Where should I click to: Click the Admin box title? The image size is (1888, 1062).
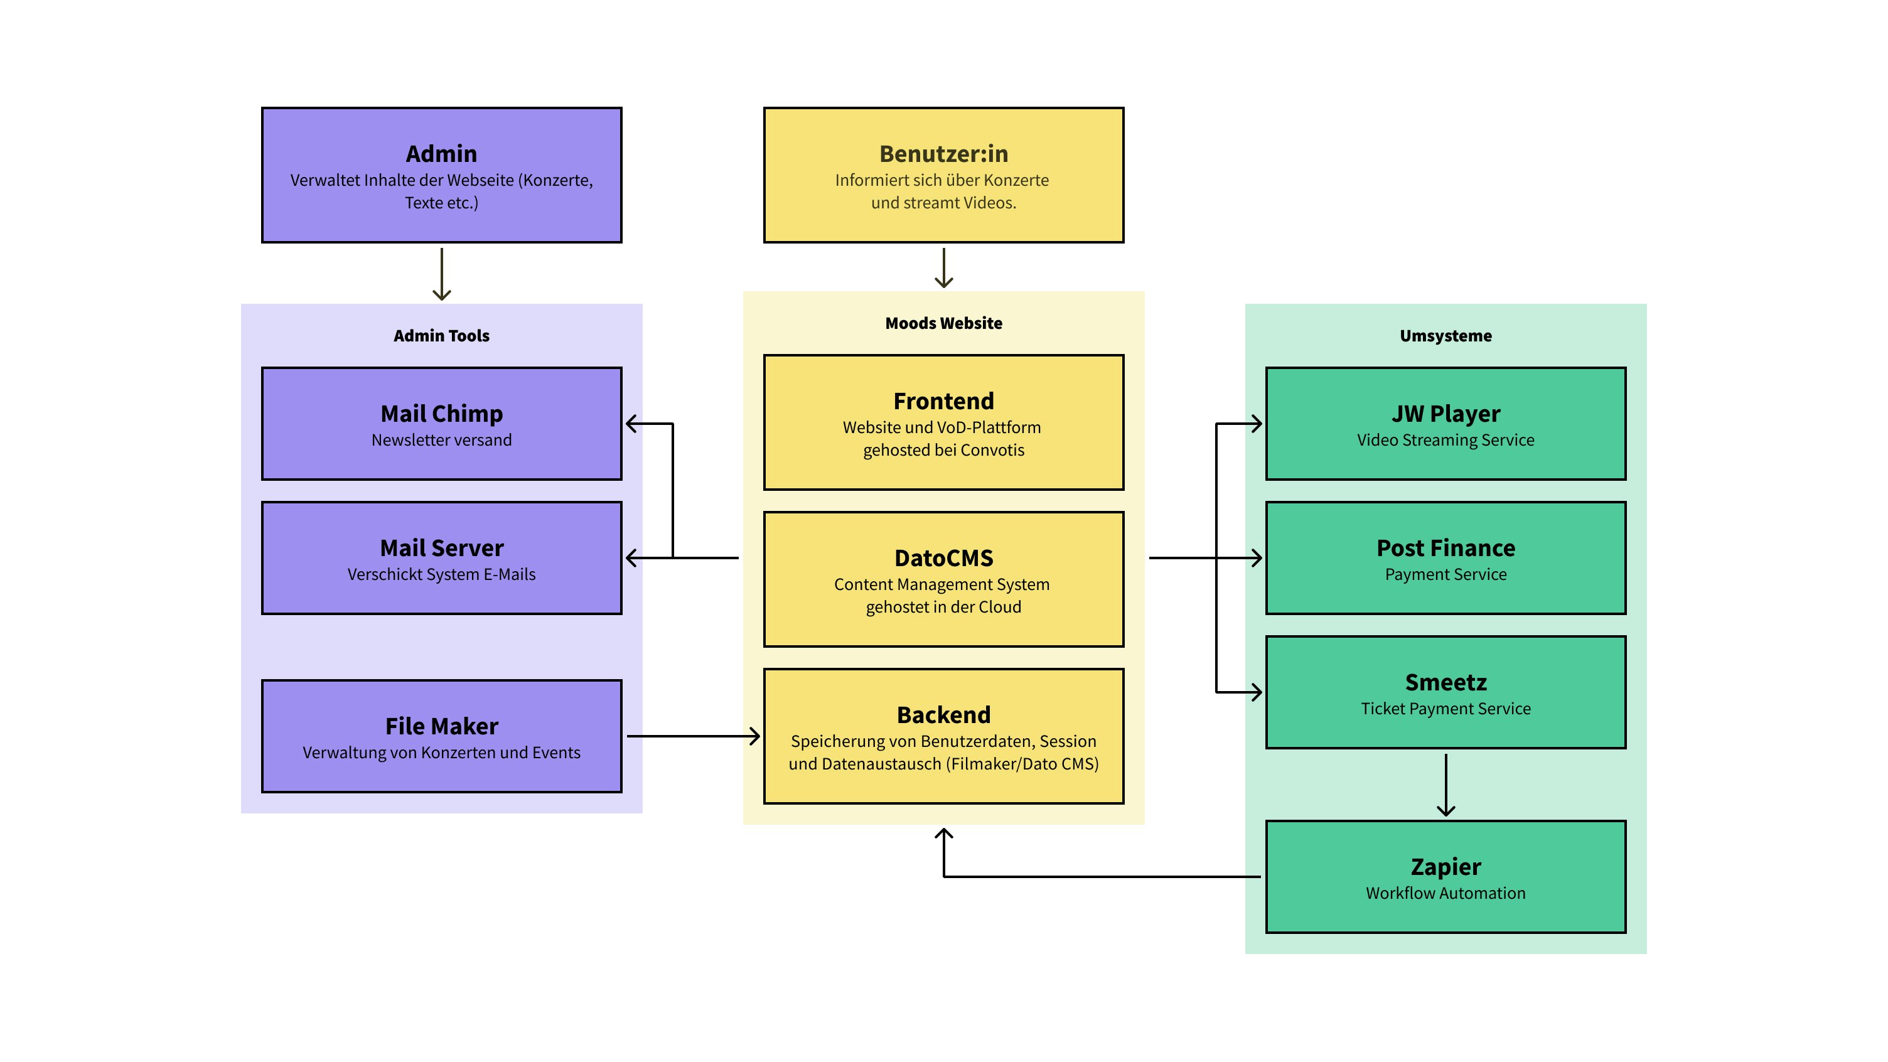click(x=441, y=154)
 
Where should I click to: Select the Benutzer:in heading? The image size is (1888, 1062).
click(x=943, y=154)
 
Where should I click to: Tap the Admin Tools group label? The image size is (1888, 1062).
click(x=441, y=336)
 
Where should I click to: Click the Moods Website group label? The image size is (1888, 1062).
click(x=943, y=323)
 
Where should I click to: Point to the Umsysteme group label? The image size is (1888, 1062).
click(x=1445, y=336)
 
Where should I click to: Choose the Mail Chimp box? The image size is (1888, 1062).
click(x=441, y=424)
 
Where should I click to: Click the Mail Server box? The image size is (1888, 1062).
click(x=441, y=558)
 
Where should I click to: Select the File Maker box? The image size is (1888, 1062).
click(x=441, y=736)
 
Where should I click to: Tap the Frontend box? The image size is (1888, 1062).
click(x=943, y=422)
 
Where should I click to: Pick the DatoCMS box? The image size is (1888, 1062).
click(x=943, y=579)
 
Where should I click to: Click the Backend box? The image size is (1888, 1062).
click(x=943, y=736)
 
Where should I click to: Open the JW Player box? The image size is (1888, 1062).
click(x=1445, y=424)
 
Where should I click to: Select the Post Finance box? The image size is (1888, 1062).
click(x=1445, y=558)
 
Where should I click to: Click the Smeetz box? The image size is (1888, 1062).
click(x=1445, y=692)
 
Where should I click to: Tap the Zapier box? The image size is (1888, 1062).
click(x=1445, y=877)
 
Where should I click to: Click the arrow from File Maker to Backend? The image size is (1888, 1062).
click(x=692, y=736)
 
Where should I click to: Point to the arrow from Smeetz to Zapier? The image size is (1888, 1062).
click(x=1445, y=784)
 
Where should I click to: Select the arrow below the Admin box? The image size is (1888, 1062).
click(x=441, y=274)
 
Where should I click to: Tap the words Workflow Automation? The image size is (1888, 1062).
click(x=1445, y=893)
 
